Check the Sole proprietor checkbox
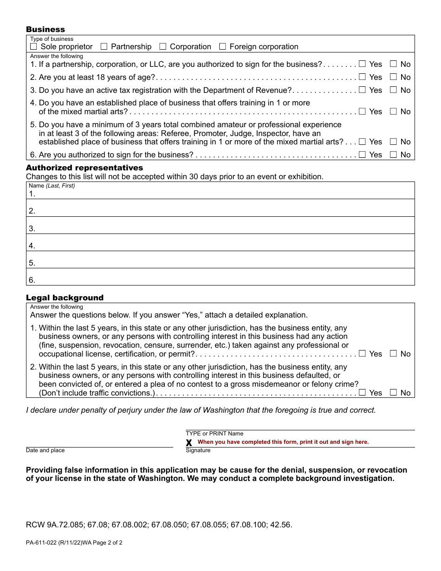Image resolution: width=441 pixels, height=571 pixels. click(x=33, y=46)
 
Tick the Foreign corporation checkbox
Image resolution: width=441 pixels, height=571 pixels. click(x=222, y=46)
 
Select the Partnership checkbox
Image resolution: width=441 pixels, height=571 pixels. click(x=104, y=46)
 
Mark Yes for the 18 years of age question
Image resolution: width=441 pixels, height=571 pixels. click(x=362, y=77)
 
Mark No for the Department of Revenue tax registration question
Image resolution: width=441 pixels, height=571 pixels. click(x=393, y=90)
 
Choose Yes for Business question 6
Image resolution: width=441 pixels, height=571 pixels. click(x=362, y=155)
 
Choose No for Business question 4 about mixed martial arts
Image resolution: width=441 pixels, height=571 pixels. click(x=393, y=111)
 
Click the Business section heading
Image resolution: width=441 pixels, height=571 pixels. click(x=45, y=30)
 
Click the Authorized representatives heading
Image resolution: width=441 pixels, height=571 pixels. click(x=84, y=168)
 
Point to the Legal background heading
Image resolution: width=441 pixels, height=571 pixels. click(x=65, y=298)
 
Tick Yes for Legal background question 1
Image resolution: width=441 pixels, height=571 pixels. click(x=362, y=354)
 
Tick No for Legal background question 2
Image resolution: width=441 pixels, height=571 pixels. click(x=393, y=393)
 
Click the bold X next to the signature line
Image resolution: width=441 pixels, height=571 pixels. click(x=189, y=443)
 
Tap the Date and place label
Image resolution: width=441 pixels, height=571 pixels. click(x=45, y=450)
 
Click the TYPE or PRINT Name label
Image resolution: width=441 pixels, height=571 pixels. click(x=214, y=434)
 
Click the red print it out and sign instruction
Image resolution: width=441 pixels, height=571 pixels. click(x=283, y=442)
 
